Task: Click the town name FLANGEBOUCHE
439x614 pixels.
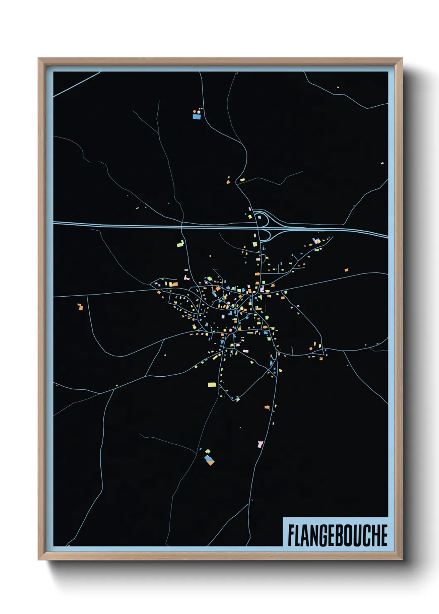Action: [x=337, y=535]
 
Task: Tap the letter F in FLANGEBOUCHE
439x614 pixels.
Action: [x=291, y=535]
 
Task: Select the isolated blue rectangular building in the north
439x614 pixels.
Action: [x=197, y=117]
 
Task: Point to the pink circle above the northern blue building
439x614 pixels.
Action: [x=198, y=112]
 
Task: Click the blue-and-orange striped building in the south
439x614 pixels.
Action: [x=210, y=460]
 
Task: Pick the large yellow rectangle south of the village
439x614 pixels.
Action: [x=212, y=385]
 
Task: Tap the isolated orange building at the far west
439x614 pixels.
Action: [x=80, y=307]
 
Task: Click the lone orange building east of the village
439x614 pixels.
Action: [x=346, y=270]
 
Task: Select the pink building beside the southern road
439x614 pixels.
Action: [x=260, y=444]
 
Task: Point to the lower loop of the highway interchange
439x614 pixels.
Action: [x=265, y=236]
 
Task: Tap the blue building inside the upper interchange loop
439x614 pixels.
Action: [x=260, y=217]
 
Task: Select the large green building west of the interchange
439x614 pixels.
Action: [x=180, y=244]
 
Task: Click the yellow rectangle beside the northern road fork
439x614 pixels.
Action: [x=242, y=180]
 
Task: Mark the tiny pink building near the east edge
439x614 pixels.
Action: [x=382, y=163]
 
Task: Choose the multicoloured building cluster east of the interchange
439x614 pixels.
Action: [x=316, y=241]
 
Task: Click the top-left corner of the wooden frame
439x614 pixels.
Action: [x=39, y=59]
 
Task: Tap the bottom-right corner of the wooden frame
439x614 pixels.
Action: [x=401, y=559]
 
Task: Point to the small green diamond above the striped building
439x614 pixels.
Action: [x=207, y=451]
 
